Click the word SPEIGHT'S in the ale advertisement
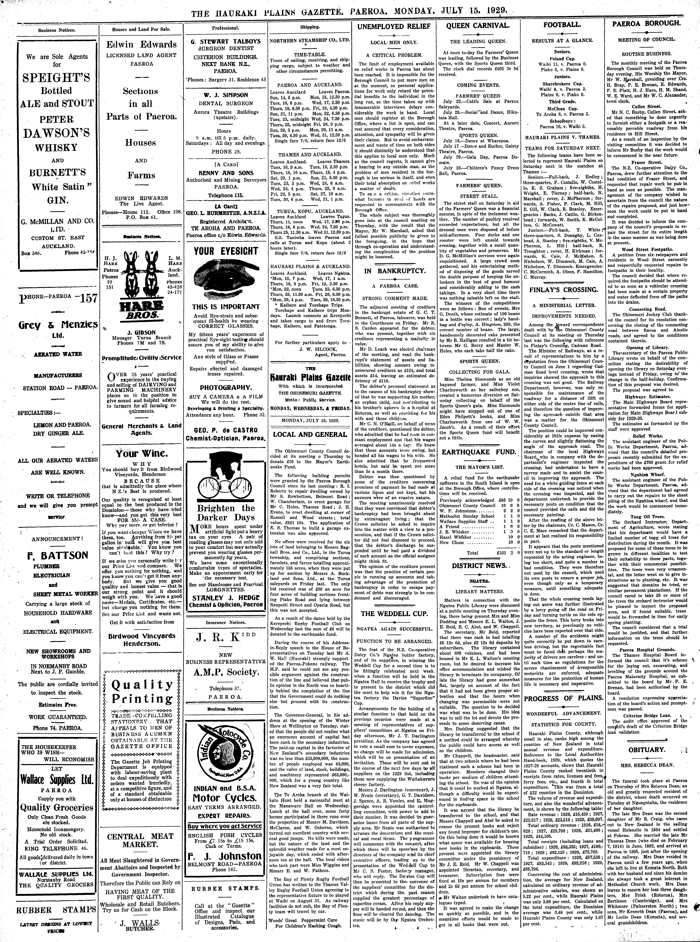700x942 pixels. [56, 78]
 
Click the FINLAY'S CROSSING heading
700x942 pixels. [564, 290]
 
